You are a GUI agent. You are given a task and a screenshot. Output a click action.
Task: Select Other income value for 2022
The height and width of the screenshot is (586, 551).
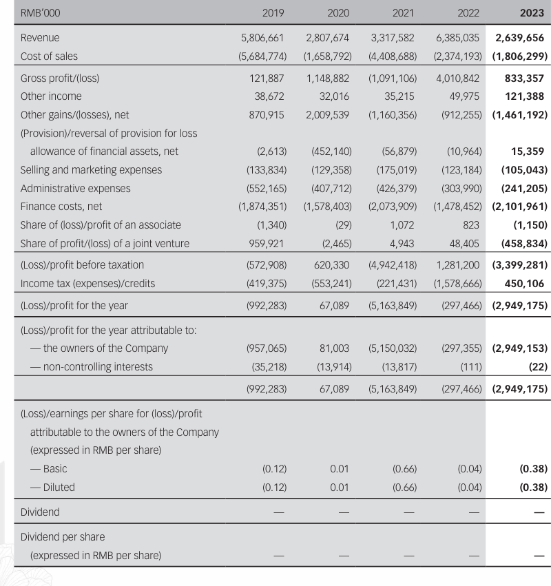tap(465, 96)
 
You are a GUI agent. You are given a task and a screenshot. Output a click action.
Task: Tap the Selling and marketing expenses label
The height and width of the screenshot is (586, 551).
tap(92, 169)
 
